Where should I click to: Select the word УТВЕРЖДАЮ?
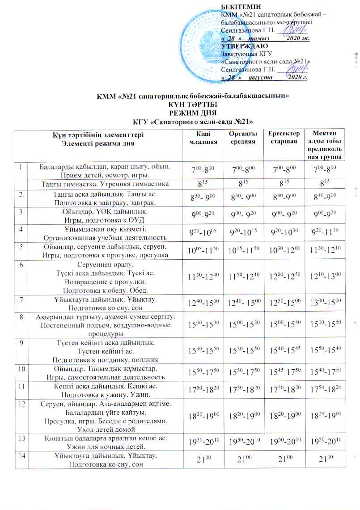click(245, 46)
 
